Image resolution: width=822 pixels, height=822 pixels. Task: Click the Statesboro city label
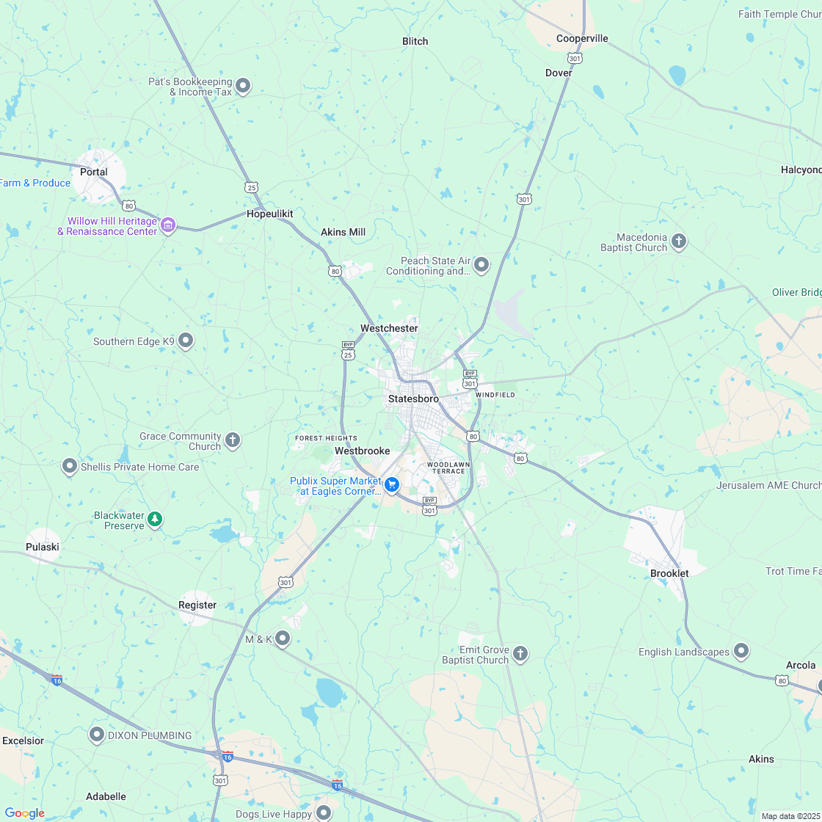coord(413,399)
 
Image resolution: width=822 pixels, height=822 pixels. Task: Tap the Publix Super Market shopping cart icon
coord(392,484)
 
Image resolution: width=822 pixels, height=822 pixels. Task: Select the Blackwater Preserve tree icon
coord(155,519)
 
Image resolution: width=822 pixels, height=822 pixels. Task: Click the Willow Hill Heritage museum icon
coord(168,225)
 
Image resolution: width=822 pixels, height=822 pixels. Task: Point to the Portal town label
coord(94,172)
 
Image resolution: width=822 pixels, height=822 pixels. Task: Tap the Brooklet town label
coord(669,573)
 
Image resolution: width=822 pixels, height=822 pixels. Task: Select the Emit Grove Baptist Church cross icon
coord(520,653)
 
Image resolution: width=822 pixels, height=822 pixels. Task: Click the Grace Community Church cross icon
coord(233,440)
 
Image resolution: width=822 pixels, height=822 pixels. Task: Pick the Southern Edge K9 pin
coord(186,341)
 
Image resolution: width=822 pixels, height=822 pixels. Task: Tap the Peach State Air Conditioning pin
coord(481,264)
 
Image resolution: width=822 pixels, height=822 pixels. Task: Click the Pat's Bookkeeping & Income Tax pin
coord(243,86)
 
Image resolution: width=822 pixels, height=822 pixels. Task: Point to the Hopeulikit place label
coord(269,214)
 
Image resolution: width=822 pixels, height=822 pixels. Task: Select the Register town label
coord(197,605)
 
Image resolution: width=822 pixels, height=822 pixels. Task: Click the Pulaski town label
coord(43,547)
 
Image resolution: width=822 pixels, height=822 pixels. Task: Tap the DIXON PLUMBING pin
coord(96,734)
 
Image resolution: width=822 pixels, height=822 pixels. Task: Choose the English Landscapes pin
coord(741,651)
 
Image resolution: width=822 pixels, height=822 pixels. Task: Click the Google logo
coord(24,812)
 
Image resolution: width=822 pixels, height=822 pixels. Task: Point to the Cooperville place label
coord(582,38)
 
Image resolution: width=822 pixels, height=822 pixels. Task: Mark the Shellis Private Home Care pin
coord(70,465)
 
